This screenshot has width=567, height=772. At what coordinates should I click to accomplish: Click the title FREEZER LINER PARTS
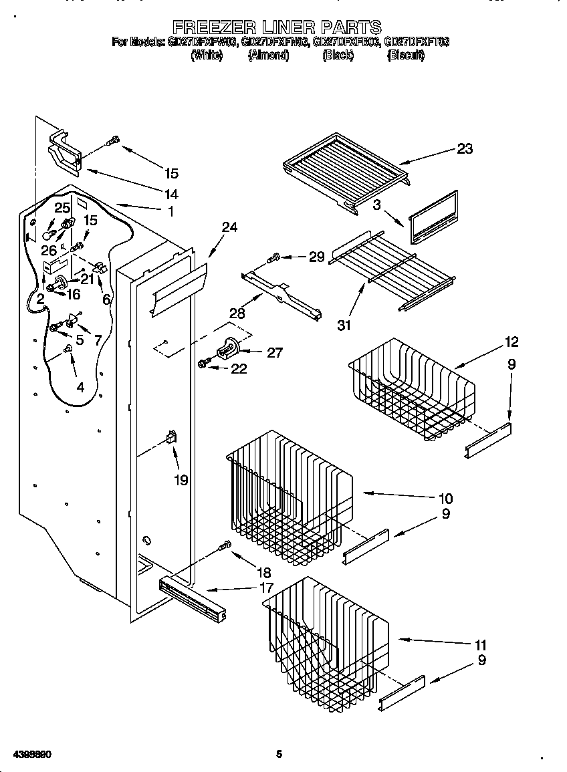[277, 27]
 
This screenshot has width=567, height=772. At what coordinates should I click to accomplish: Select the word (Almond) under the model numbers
[268, 56]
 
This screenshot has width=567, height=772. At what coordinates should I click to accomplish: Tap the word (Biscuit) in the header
[405, 56]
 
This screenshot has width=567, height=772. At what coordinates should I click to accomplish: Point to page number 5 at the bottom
[279, 755]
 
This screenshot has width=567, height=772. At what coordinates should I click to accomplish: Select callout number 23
[465, 149]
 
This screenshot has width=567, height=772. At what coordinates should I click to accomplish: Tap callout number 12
[512, 342]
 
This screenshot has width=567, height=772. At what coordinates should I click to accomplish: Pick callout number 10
[445, 498]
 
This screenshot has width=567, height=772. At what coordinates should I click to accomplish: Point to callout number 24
[229, 227]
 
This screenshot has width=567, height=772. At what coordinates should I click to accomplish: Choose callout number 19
[181, 479]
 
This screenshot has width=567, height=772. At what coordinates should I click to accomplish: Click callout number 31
[344, 326]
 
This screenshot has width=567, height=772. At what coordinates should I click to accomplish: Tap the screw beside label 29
[274, 257]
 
